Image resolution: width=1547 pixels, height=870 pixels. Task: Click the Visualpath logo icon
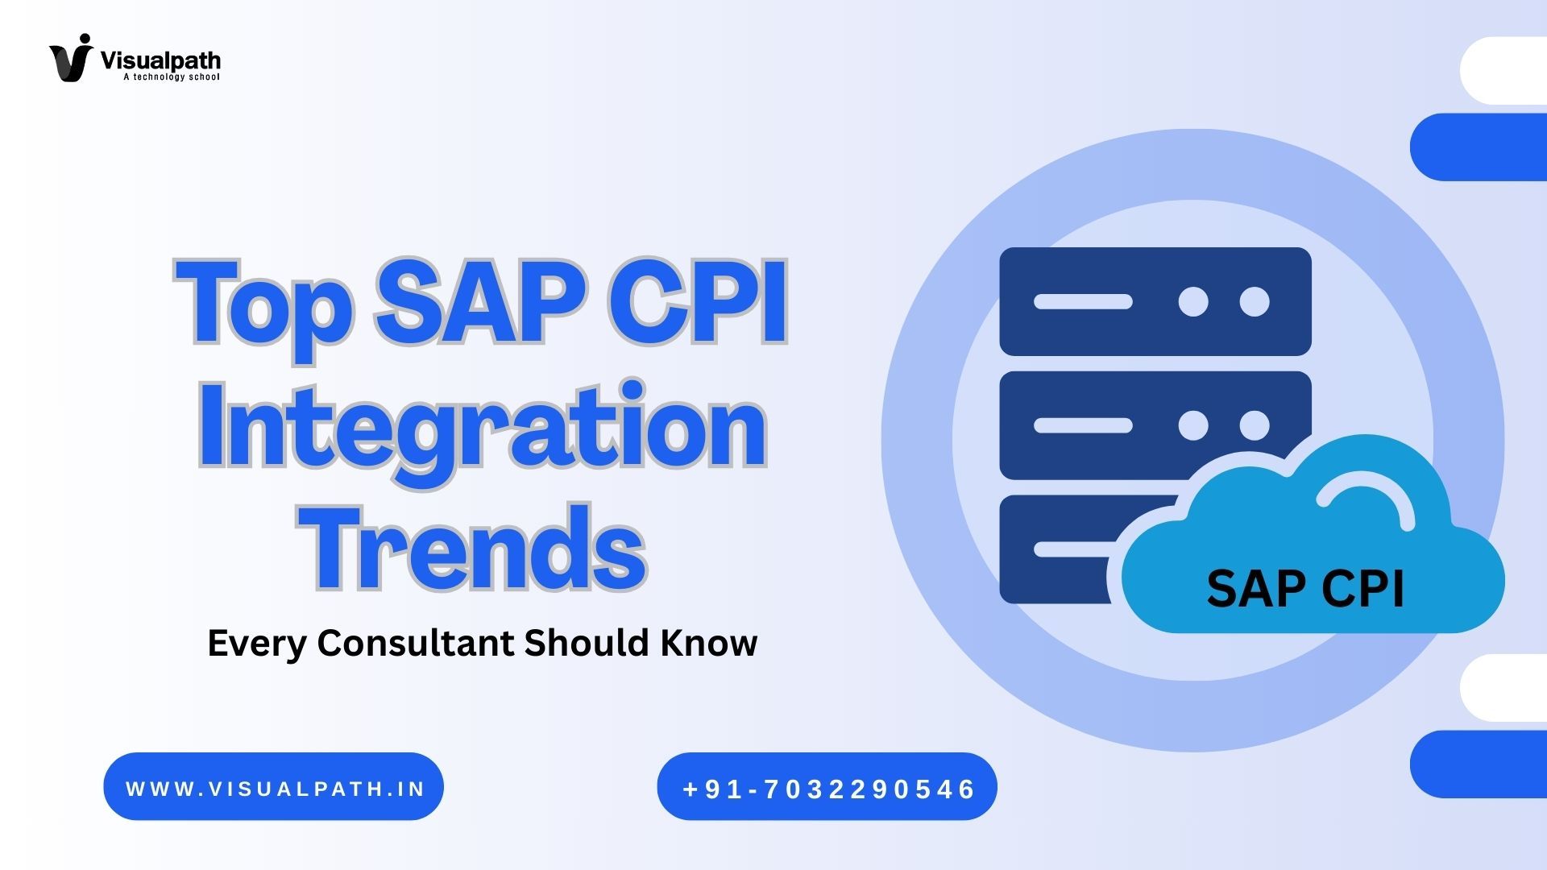[71, 58]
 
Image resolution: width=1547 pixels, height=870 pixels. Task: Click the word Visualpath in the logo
[160, 60]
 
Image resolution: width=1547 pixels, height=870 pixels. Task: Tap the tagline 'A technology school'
[171, 77]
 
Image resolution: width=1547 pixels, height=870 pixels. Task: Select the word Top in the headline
[263, 304]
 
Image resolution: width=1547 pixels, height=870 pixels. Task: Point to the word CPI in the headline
[697, 303]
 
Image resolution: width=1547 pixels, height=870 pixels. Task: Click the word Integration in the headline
[483, 427]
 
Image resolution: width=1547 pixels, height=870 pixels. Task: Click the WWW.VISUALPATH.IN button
[274, 787]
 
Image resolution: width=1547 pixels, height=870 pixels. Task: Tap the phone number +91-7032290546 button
[827, 787]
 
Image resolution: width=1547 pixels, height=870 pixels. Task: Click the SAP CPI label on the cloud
[1305, 589]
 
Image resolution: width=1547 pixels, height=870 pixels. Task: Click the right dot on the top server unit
[1255, 302]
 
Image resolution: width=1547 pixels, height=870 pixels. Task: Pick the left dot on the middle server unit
[1193, 425]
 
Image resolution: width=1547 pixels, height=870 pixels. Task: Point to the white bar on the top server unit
[1083, 302]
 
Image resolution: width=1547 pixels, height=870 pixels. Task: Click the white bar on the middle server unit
[1083, 425]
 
